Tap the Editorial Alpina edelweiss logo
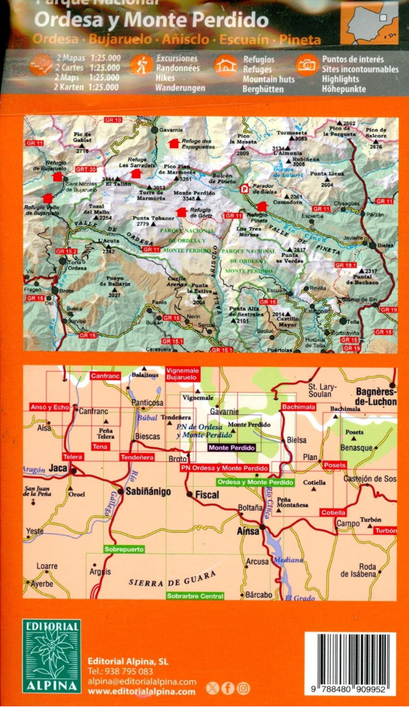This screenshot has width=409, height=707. coord(52,656)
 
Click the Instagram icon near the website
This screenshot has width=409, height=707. coord(244,689)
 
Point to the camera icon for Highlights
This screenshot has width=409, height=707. coord(307,65)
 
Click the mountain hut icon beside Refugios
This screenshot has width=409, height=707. coord(225,65)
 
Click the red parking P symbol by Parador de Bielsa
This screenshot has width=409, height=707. coord(245,188)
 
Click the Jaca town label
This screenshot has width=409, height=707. coord(58,469)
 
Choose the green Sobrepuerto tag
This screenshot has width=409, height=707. coord(123,549)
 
